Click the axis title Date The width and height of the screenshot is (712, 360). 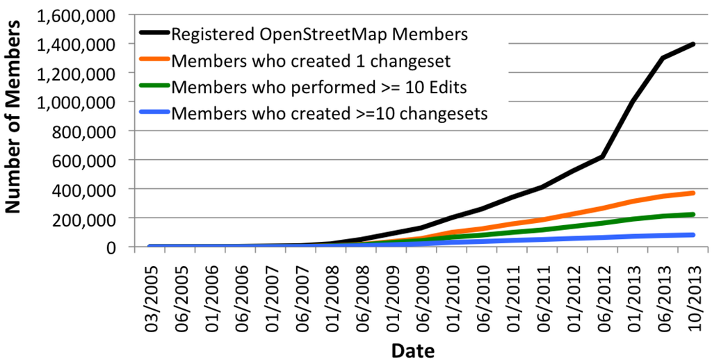click(x=412, y=349)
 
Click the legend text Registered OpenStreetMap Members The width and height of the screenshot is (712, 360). click(x=319, y=33)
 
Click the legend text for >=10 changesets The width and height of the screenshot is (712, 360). click(x=328, y=113)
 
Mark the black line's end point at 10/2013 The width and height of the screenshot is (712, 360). click(x=693, y=44)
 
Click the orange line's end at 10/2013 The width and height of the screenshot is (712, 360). click(x=693, y=193)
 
